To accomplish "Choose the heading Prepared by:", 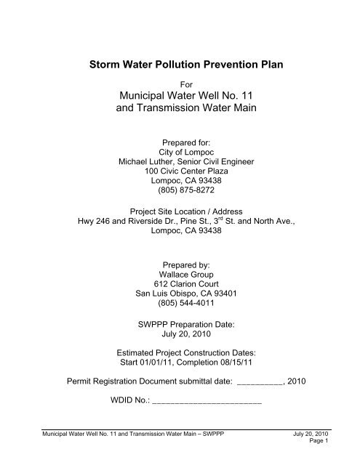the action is point(180,264).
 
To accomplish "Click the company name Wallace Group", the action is point(180,275).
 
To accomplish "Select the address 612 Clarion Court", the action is point(180,286).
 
